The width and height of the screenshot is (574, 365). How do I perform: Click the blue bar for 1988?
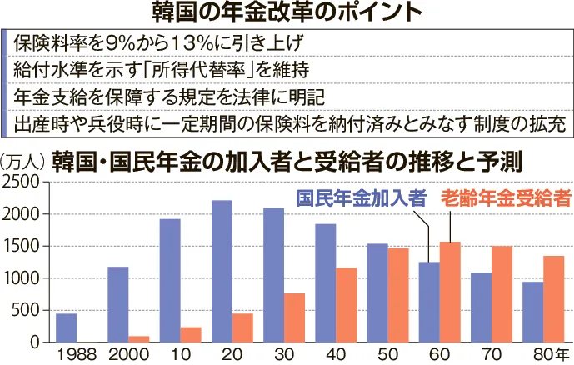(x=66, y=327)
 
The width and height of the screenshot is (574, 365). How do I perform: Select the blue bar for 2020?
(x=222, y=271)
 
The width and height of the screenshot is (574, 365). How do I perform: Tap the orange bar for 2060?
(x=450, y=292)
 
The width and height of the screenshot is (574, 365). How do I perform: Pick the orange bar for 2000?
(x=139, y=339)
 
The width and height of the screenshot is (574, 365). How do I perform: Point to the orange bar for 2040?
(x=346, y=305)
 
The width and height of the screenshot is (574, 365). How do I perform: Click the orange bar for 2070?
(x=502, y=294)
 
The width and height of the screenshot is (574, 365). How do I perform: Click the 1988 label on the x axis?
(x=77, y=354)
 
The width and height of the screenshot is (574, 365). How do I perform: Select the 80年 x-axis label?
(x=548, y=354)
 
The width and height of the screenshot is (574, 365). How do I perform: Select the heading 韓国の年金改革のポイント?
(x=287, y=12)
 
